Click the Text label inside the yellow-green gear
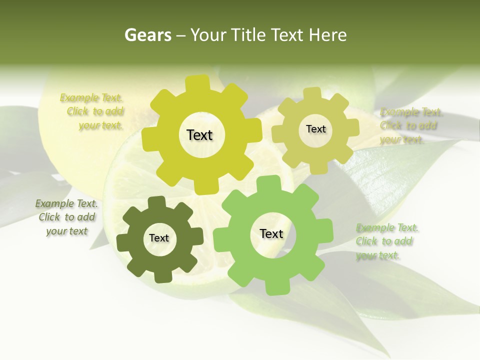(x=199, y=135)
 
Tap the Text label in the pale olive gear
(x=315, y=129)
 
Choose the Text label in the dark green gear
(x=159, y=238)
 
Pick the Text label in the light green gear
(x=271, y=233)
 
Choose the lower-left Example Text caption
(x=66, y=217)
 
